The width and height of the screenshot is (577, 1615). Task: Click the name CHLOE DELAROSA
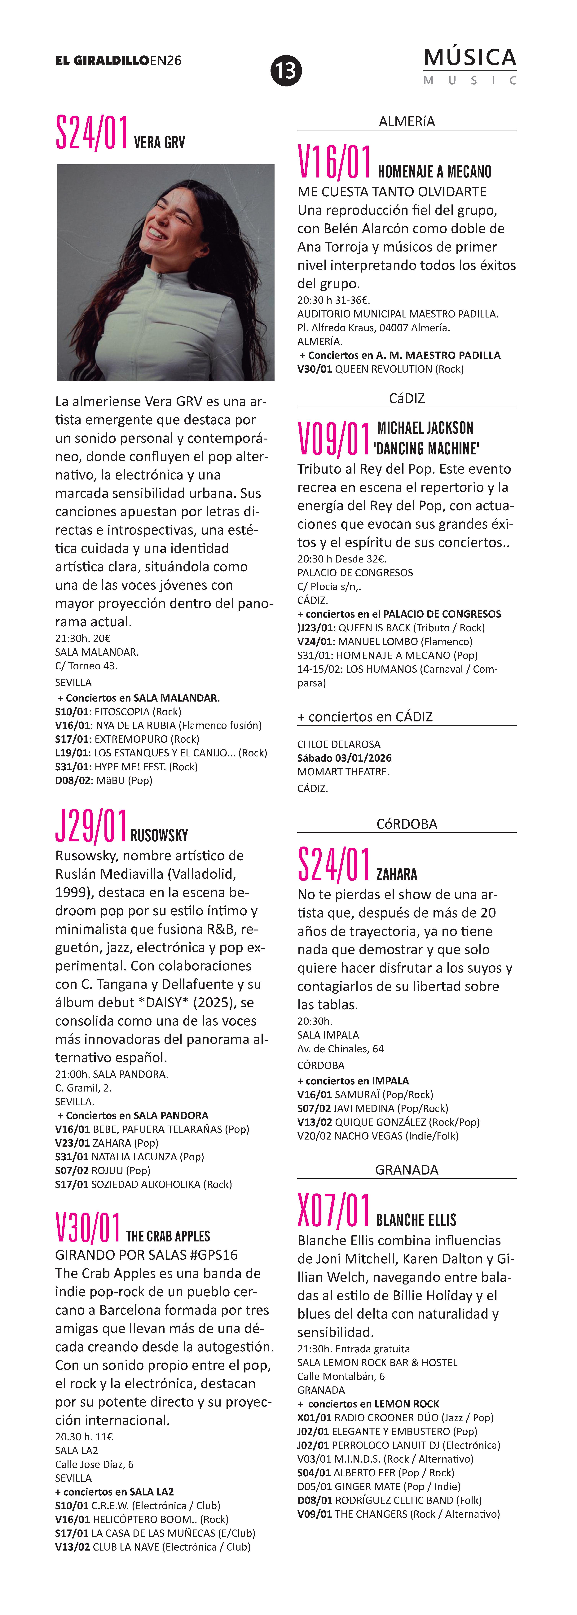tap(339, 744)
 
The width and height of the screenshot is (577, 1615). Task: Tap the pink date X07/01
tap(334, 1210)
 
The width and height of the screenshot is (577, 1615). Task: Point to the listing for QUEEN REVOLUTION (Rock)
tap(381, 369)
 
